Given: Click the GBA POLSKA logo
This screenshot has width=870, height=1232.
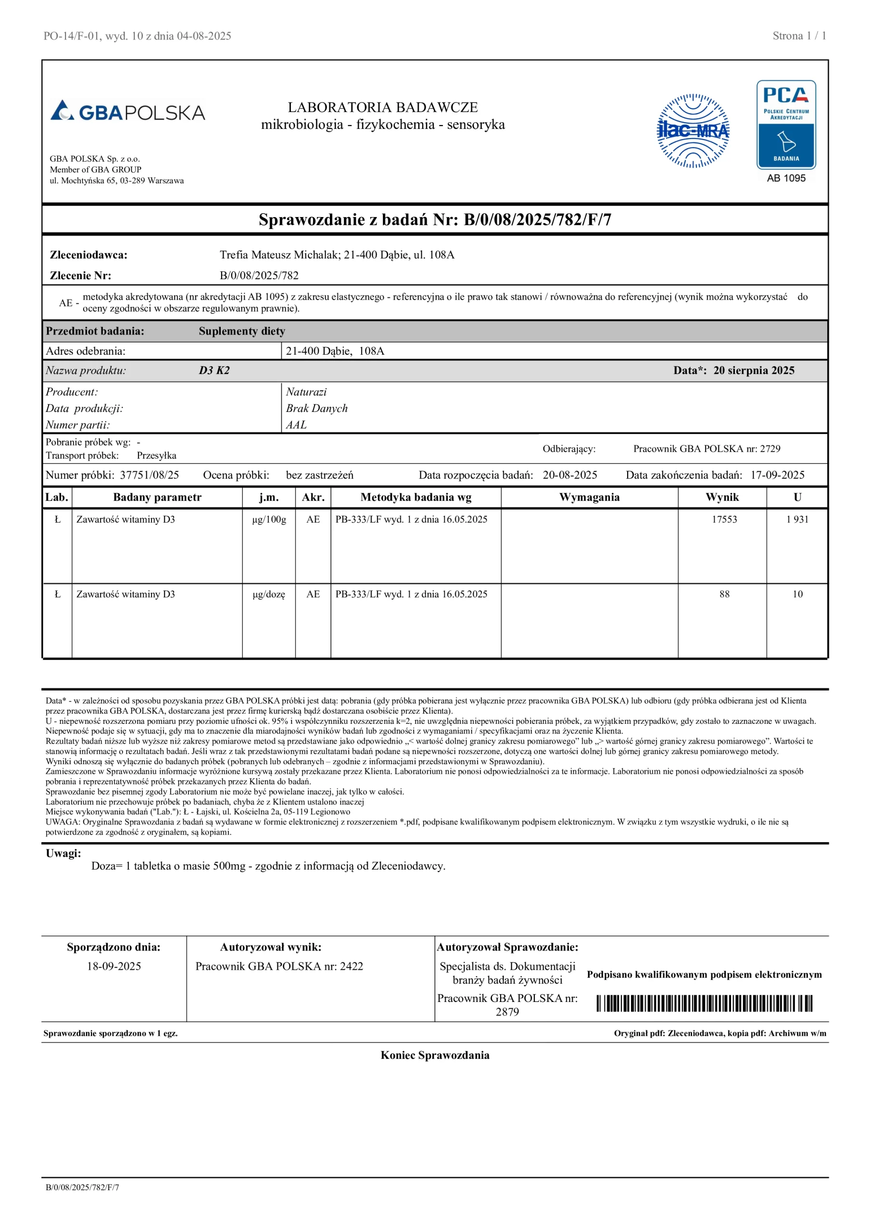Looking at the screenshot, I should tap(127, 111).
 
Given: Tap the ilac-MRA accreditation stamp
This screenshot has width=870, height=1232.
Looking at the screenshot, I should tap(693, 131).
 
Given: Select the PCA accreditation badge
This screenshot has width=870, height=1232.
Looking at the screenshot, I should tap(786, 125).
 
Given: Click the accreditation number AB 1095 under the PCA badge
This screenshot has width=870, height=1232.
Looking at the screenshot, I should tap(786, 178).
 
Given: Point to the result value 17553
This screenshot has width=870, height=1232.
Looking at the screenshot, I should tap(724, 519).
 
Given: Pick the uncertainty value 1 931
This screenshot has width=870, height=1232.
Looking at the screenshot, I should tap(797, 519).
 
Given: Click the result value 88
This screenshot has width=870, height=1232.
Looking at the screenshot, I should tap(724, 594).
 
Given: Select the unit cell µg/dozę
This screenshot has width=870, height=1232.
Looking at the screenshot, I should tap(269, 594).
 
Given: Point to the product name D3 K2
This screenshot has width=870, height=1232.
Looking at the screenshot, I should tap(214, 370).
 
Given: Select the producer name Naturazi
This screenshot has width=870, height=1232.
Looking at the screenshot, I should tap(306, 392).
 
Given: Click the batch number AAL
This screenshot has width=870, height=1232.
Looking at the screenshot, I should tap(296, 424).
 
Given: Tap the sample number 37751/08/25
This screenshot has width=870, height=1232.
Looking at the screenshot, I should tap(149, 475).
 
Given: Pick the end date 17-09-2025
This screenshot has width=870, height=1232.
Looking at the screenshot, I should tap(777, 475).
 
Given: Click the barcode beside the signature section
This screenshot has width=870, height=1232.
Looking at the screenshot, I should tap(704, 1003).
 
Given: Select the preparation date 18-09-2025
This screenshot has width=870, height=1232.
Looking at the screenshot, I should tap(113, 966).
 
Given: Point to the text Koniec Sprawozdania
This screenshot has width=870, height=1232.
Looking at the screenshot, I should tap(435, 1055).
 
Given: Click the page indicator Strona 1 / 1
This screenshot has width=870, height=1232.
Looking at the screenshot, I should tap(799, 36).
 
